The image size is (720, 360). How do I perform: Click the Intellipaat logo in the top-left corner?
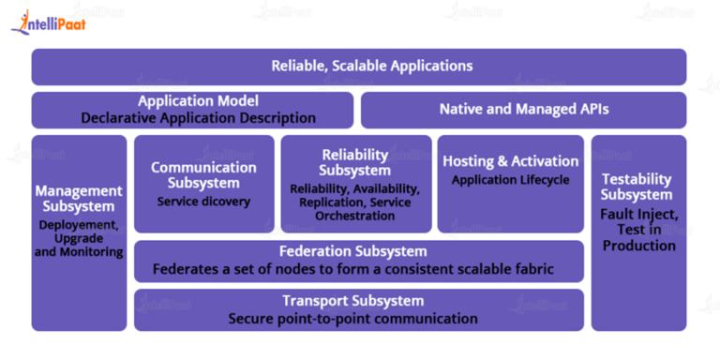48,22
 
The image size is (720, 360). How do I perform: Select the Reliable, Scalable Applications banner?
359,66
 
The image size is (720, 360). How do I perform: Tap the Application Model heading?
198,101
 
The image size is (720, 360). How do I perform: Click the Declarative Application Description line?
198,118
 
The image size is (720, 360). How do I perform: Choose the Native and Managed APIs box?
524,110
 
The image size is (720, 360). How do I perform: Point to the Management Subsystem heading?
79,198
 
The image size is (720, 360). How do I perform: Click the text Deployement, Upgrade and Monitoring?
79,238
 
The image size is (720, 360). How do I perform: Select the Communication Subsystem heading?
203,174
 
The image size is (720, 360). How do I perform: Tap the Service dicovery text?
203,201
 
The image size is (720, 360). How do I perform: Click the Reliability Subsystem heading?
355,162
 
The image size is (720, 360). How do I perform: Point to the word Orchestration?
355,216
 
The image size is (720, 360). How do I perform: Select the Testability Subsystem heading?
637,187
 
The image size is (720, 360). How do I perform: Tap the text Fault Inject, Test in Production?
637,230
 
